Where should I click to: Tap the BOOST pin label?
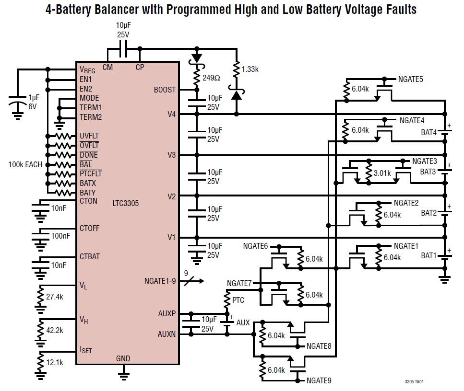165,90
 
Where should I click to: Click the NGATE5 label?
411,79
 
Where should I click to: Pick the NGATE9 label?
319,381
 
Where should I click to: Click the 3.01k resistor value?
382,173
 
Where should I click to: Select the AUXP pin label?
167,314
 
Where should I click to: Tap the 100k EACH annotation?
25,164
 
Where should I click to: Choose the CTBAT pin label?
90,257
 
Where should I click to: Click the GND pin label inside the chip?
123,358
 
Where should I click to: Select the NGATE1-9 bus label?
160,281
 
